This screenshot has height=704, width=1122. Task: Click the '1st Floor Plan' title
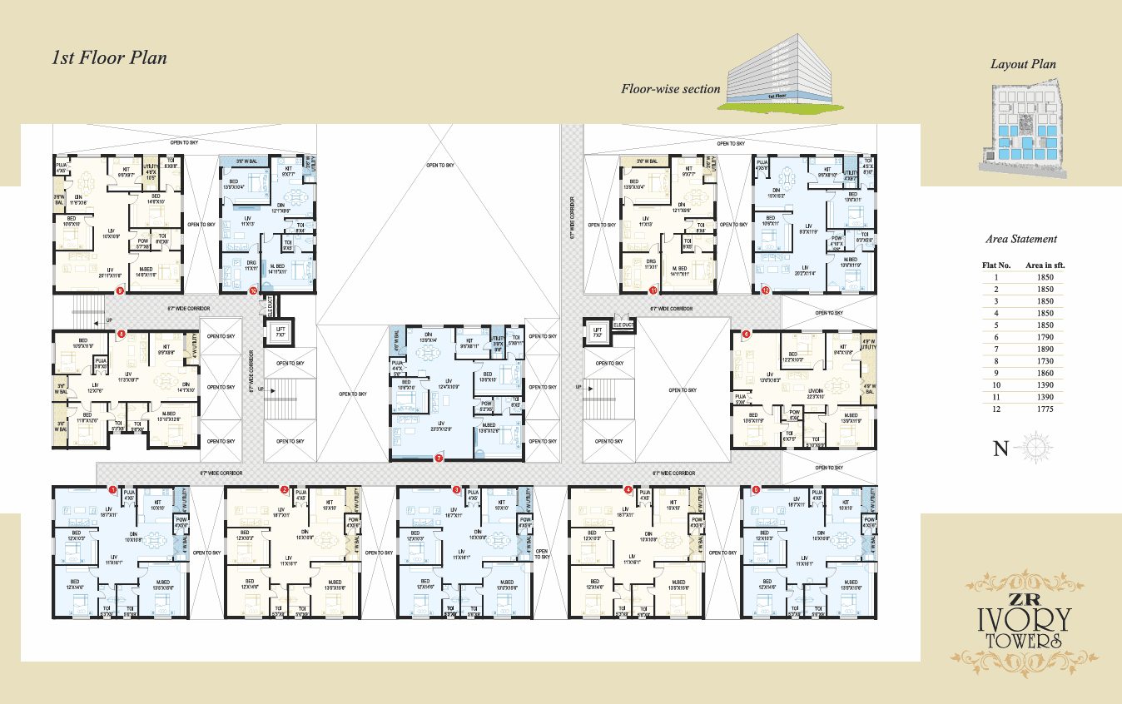pos(109,58)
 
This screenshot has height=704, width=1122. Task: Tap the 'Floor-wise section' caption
pos(670,89)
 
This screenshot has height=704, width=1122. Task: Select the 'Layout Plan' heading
pos(1023,64)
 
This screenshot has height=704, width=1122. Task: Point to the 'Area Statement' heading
pos(1021,239)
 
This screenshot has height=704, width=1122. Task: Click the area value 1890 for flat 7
pos(1045,350)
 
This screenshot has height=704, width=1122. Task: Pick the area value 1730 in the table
pos(1045,361)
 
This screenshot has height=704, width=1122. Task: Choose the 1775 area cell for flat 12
pos(1045,409)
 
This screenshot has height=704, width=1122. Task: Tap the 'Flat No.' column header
pos(996,265)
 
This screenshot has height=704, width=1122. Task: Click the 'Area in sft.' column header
pos(1045,265)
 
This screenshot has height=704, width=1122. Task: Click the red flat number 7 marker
pos(439,458)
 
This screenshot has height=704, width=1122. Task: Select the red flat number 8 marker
pos(122,334)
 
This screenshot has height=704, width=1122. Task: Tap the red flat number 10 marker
pos(253,291)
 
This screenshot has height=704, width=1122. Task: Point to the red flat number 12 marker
pos(765,290)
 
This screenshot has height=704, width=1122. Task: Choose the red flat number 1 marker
pos(113,490)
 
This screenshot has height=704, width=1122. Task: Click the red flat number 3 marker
pos(456,490)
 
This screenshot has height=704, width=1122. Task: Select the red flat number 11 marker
pos(653,291)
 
